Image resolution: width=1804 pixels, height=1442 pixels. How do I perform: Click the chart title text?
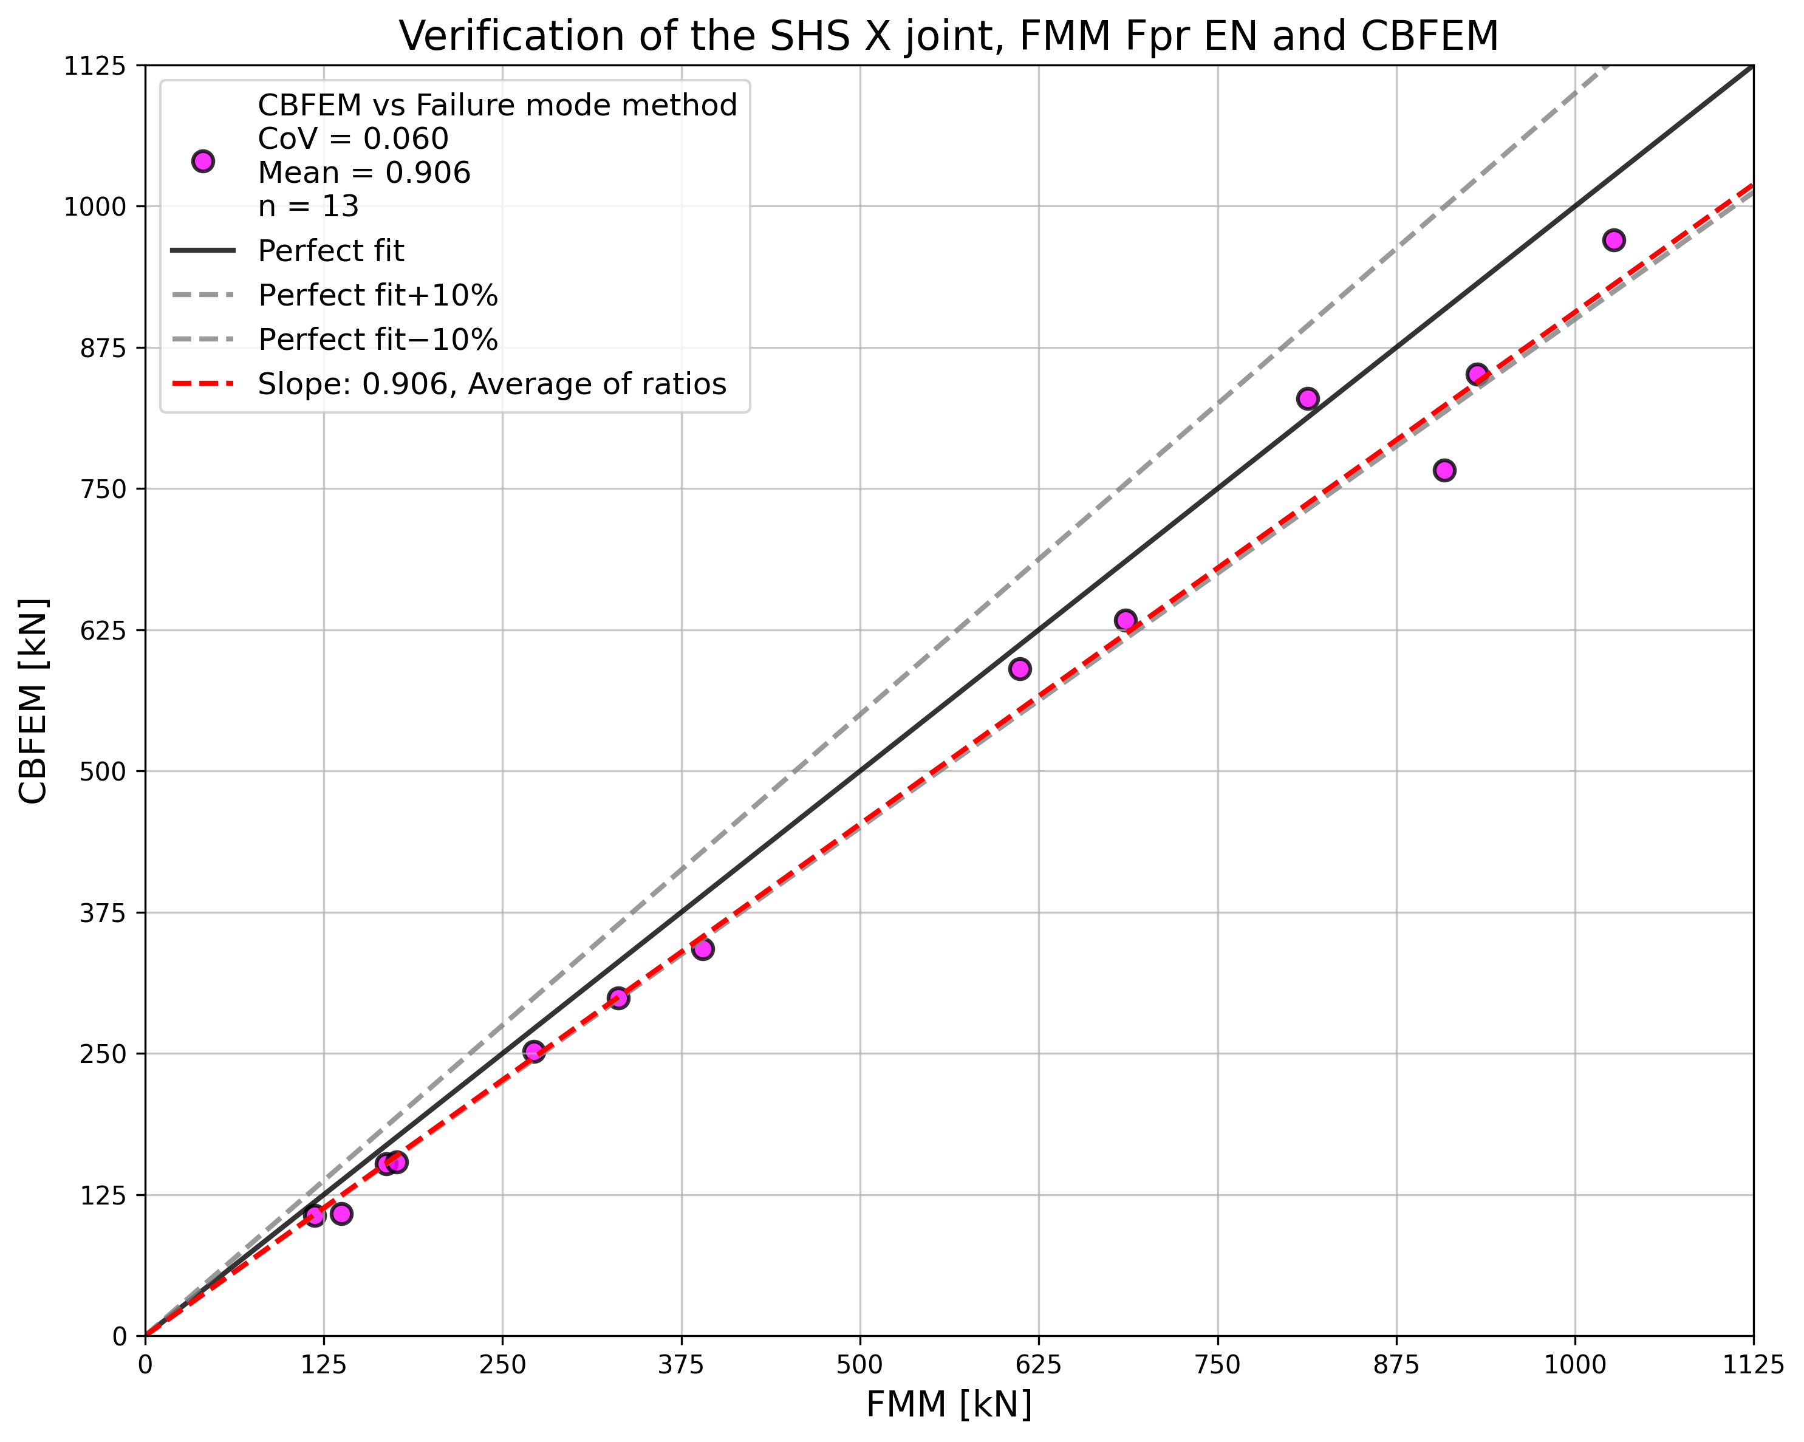point(948,37)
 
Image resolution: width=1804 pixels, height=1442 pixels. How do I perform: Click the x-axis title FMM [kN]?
point(948,1405)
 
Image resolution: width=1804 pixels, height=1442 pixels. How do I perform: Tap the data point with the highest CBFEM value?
point(1613,240)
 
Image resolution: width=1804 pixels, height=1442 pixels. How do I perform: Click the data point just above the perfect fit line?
point(1307,398)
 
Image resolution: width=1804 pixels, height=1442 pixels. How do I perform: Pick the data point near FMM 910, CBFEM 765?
point(1443,470)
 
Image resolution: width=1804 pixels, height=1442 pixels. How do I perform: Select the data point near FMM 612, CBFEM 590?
point(1019,669)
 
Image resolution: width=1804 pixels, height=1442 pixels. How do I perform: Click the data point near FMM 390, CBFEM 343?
point(703,948)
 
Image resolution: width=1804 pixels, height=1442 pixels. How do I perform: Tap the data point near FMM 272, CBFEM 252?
point(534,1051)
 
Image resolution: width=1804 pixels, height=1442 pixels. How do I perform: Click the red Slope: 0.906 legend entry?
point(491,384)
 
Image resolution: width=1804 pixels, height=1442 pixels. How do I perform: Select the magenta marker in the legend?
point(202,162)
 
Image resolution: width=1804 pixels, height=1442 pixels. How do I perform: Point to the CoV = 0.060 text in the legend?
point(352,139)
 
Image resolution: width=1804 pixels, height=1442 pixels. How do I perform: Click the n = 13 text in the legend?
point(308,206)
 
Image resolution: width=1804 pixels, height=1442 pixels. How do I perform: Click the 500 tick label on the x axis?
point(859,1365)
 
